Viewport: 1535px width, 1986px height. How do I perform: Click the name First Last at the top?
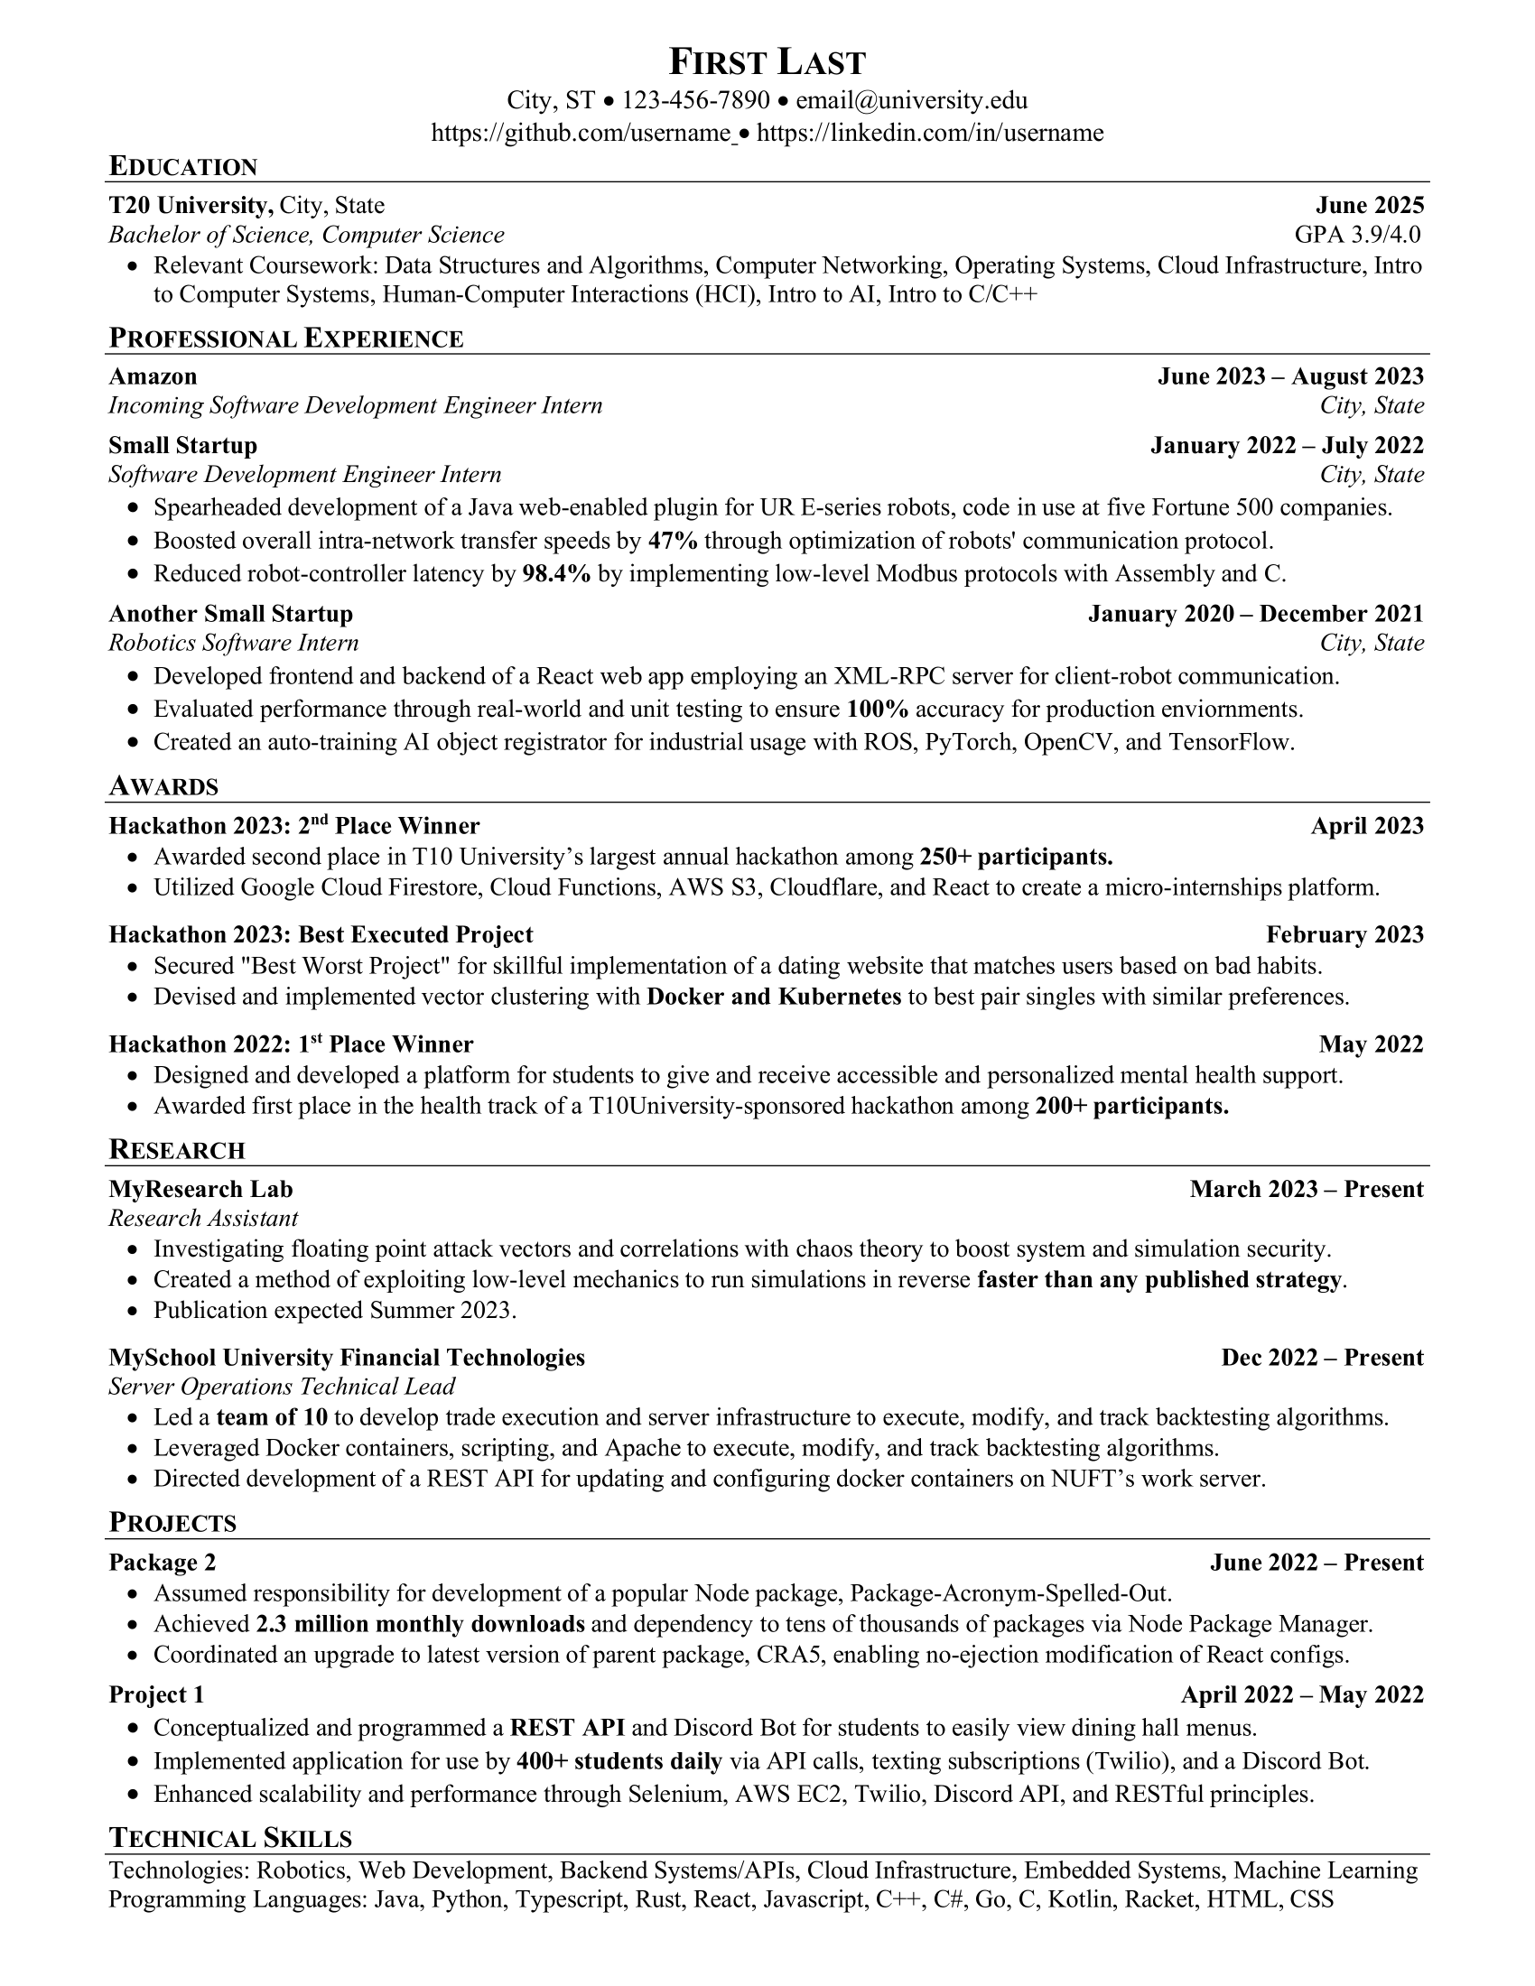[767, 61]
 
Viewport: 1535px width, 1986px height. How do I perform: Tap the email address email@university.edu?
[911, 100]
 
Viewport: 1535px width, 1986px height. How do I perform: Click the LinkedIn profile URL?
[929, 134]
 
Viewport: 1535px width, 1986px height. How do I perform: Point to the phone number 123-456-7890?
[695, 100]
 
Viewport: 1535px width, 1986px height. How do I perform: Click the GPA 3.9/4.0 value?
[1357, 235]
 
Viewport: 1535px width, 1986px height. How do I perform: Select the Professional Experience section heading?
[285, 339]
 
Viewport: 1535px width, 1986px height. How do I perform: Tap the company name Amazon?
[153, 376]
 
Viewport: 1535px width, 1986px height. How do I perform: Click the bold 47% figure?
[672, 541]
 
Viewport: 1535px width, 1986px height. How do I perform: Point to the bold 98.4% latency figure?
[556, 574]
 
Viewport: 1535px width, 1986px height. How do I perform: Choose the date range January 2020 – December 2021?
[1255, 614]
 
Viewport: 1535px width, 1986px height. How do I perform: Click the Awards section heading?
[163, 786]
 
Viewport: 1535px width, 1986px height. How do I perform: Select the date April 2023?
[1367, 826]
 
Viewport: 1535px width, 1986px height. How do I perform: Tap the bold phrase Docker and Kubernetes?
[773, 997]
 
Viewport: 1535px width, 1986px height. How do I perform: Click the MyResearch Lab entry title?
[201, 1190]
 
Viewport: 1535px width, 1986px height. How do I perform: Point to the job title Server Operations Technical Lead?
[282, 1387]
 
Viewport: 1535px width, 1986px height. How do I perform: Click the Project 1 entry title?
[156, 1695]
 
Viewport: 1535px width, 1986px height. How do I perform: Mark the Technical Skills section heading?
[230, 1839]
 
